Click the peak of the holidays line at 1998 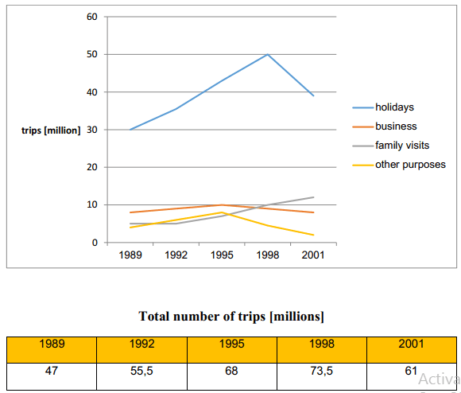268,54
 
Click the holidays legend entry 395,107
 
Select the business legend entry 395,126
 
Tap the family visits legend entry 401,145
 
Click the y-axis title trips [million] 51,130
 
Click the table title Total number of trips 231,316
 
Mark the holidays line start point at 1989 130,130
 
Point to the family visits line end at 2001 313,197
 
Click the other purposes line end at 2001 313,235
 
